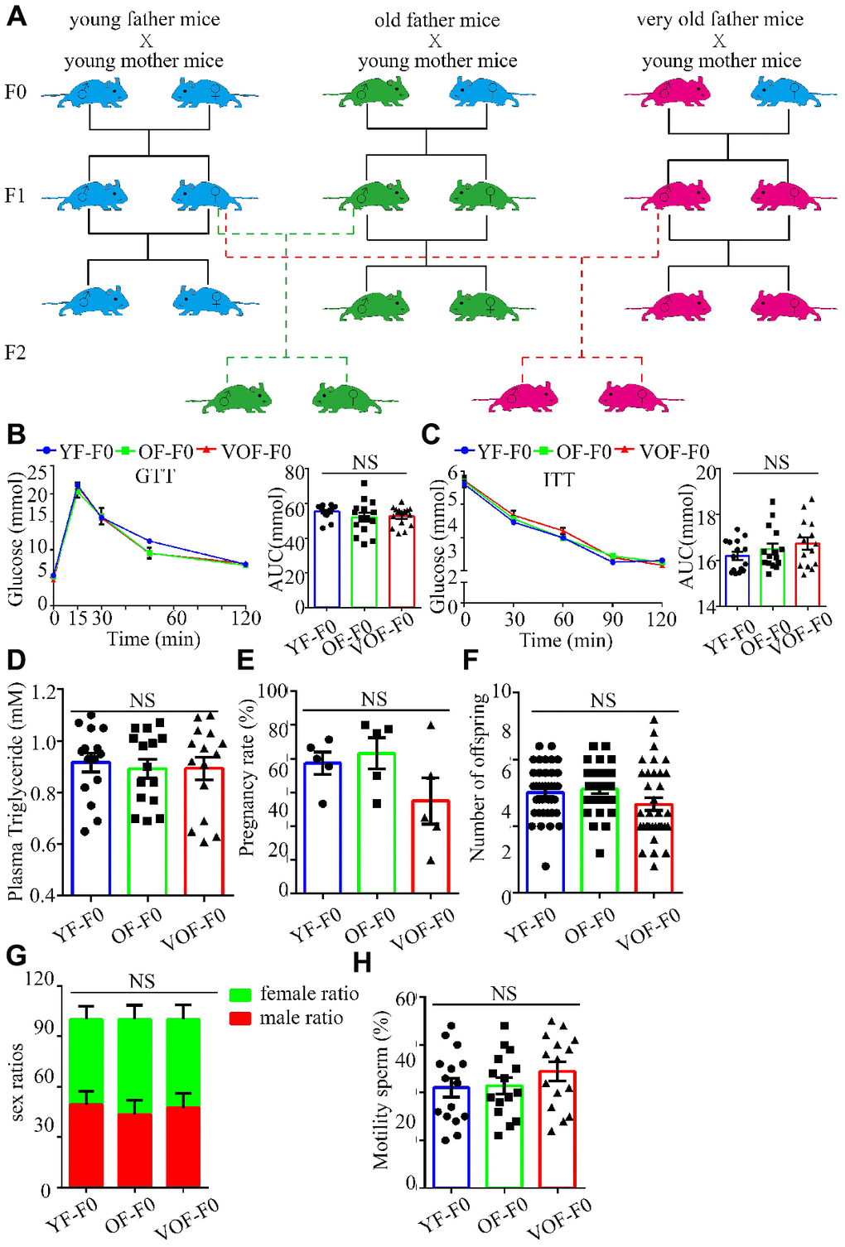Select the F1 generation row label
tap(15, 196)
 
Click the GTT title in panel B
tap(155, 475)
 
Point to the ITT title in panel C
tap(558, 479)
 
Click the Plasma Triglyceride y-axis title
tap(15, 792)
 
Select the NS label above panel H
tap(504, 993)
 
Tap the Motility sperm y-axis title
tap(381, 1089)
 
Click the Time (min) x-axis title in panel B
tap(153, 639)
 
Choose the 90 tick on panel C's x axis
tap(613, 619)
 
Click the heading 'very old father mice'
tap(719, 19)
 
